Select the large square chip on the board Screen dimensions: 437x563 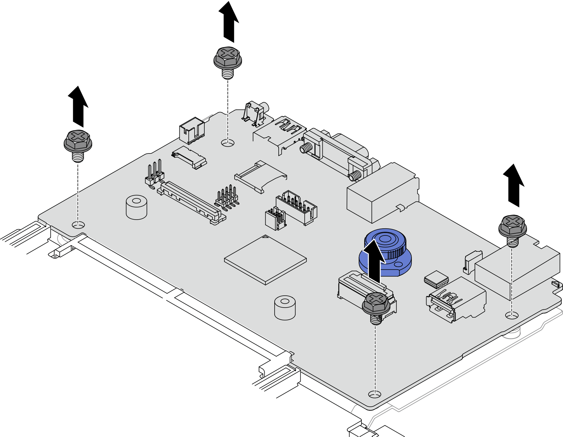[x=265, y=260]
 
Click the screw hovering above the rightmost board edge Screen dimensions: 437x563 [x=512, y=226]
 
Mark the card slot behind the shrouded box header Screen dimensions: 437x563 [x=260, y=176]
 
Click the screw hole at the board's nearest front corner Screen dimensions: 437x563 [x=375, y=394]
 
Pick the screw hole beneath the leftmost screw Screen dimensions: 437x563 [x=78, y=225]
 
